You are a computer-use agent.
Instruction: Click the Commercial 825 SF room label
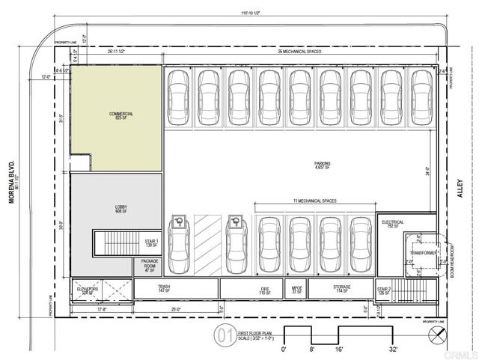pyautogui.click(x=116, y=116)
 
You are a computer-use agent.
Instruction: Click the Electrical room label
pyautogui.click(x=393, y=224)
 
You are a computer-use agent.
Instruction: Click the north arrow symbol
pyautogui.click(x=432, y=332)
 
